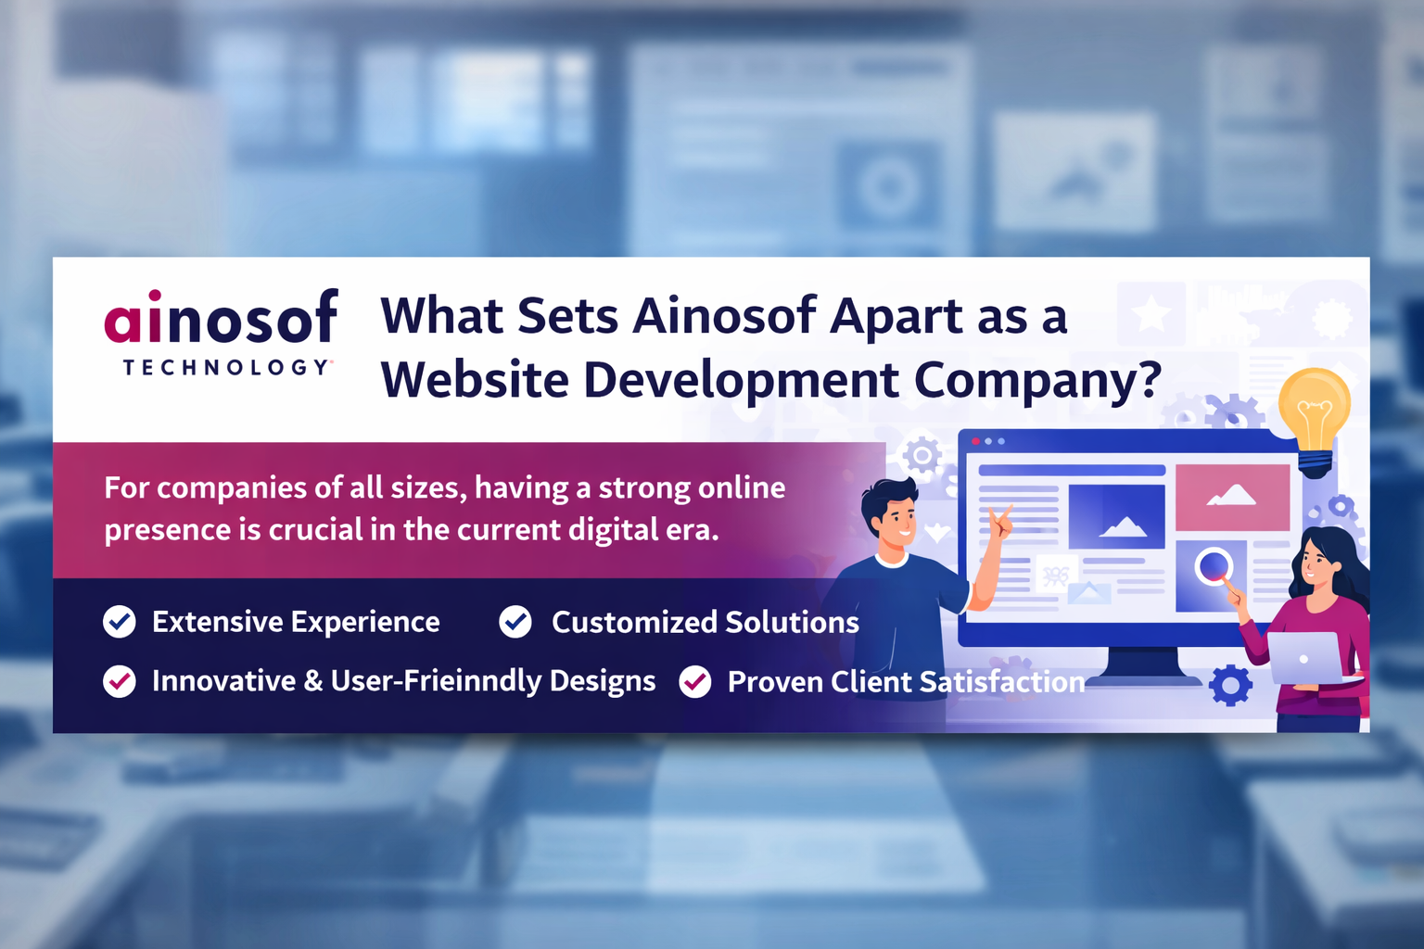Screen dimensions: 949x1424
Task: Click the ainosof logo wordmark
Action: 221,318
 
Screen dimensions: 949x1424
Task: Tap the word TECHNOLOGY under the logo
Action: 226,368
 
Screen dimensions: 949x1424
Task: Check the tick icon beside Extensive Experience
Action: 120,622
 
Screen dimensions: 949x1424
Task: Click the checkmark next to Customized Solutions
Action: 515,622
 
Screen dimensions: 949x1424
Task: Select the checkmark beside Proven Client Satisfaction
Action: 695,682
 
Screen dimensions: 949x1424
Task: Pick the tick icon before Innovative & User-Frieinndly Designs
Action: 120,682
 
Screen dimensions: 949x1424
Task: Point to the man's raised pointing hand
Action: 1001,523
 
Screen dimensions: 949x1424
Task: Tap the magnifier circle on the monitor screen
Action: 1214,565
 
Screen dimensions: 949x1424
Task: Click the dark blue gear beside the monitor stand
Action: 1230,686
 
